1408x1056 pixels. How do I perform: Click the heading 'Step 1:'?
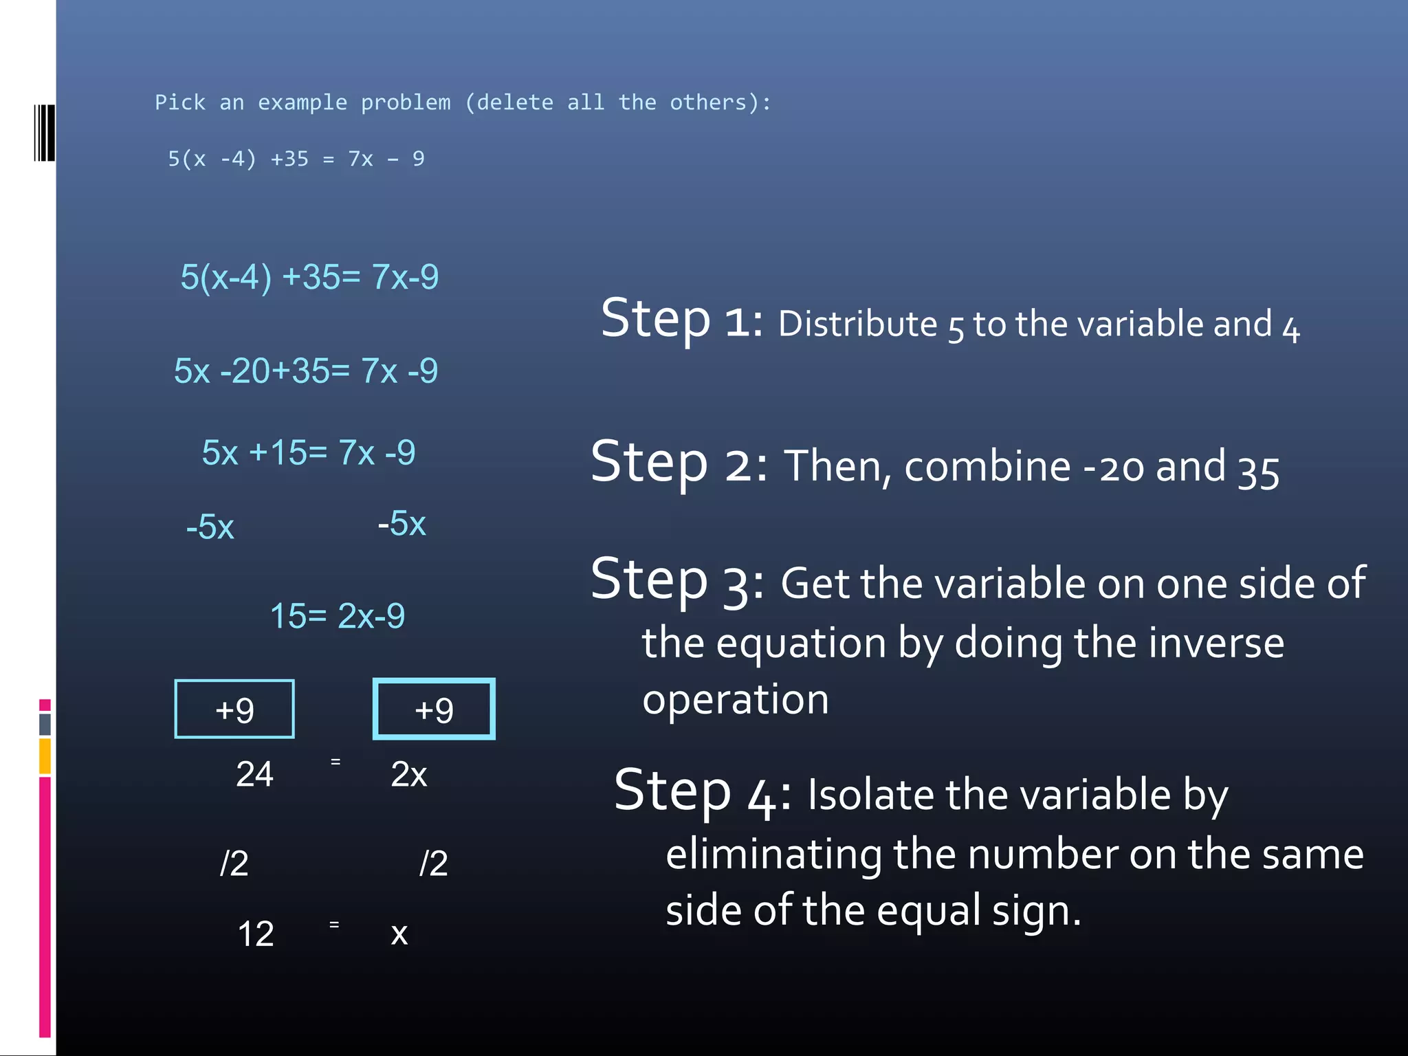[x=681, y=319]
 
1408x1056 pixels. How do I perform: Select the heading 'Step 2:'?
[x=678, y=463]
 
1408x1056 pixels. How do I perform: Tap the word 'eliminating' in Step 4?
[x=773, y=855]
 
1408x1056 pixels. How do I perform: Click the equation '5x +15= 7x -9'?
[x=309, y=453]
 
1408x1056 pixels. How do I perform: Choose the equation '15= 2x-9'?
[x=337, y=616]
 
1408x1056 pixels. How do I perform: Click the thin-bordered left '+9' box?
[x=234, y=709]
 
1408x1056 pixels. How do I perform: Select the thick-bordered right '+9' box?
[x=434, y=709]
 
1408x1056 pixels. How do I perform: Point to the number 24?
[x=254, y=775]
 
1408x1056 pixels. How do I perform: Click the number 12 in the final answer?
[x=255, y=934]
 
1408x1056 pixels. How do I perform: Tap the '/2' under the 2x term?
[x=433, y=863]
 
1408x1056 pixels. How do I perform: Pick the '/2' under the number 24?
[x=234, y=863]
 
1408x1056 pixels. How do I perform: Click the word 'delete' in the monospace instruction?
[x=515, y=102]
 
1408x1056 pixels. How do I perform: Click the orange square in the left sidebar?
[x=45, y=756]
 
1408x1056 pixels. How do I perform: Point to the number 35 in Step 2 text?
[x=1258, y=472]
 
